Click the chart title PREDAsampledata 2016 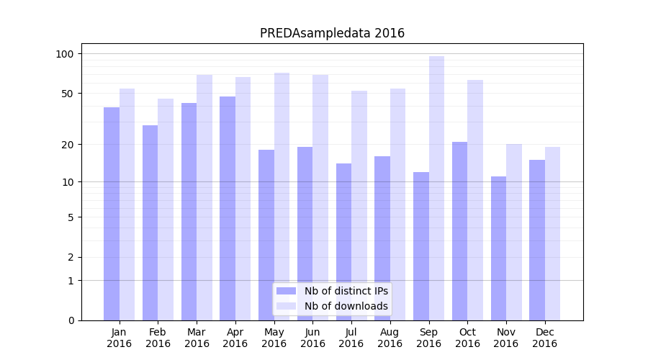click(x=332, y=33)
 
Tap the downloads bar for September click(x=436, y=188)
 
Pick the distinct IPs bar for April click(x=228, y=208)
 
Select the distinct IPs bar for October click(x=459, y=231)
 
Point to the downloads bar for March click(x=204, y=197)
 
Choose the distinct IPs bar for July click(x=343, y=242)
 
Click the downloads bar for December click(x=552, y=233)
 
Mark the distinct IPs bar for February click(x=150, y=222)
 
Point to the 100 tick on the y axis click(x=65, y=54)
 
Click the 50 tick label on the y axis click(x=67, y=94)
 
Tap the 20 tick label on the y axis click(x=67, y=145)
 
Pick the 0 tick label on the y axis click(x=71, y=320)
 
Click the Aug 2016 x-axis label click(x=390, y=338)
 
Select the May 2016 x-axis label click(x=274, y=338)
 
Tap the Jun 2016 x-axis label click(x=312, y=338)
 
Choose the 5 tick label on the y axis click(x=71, y=217)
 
